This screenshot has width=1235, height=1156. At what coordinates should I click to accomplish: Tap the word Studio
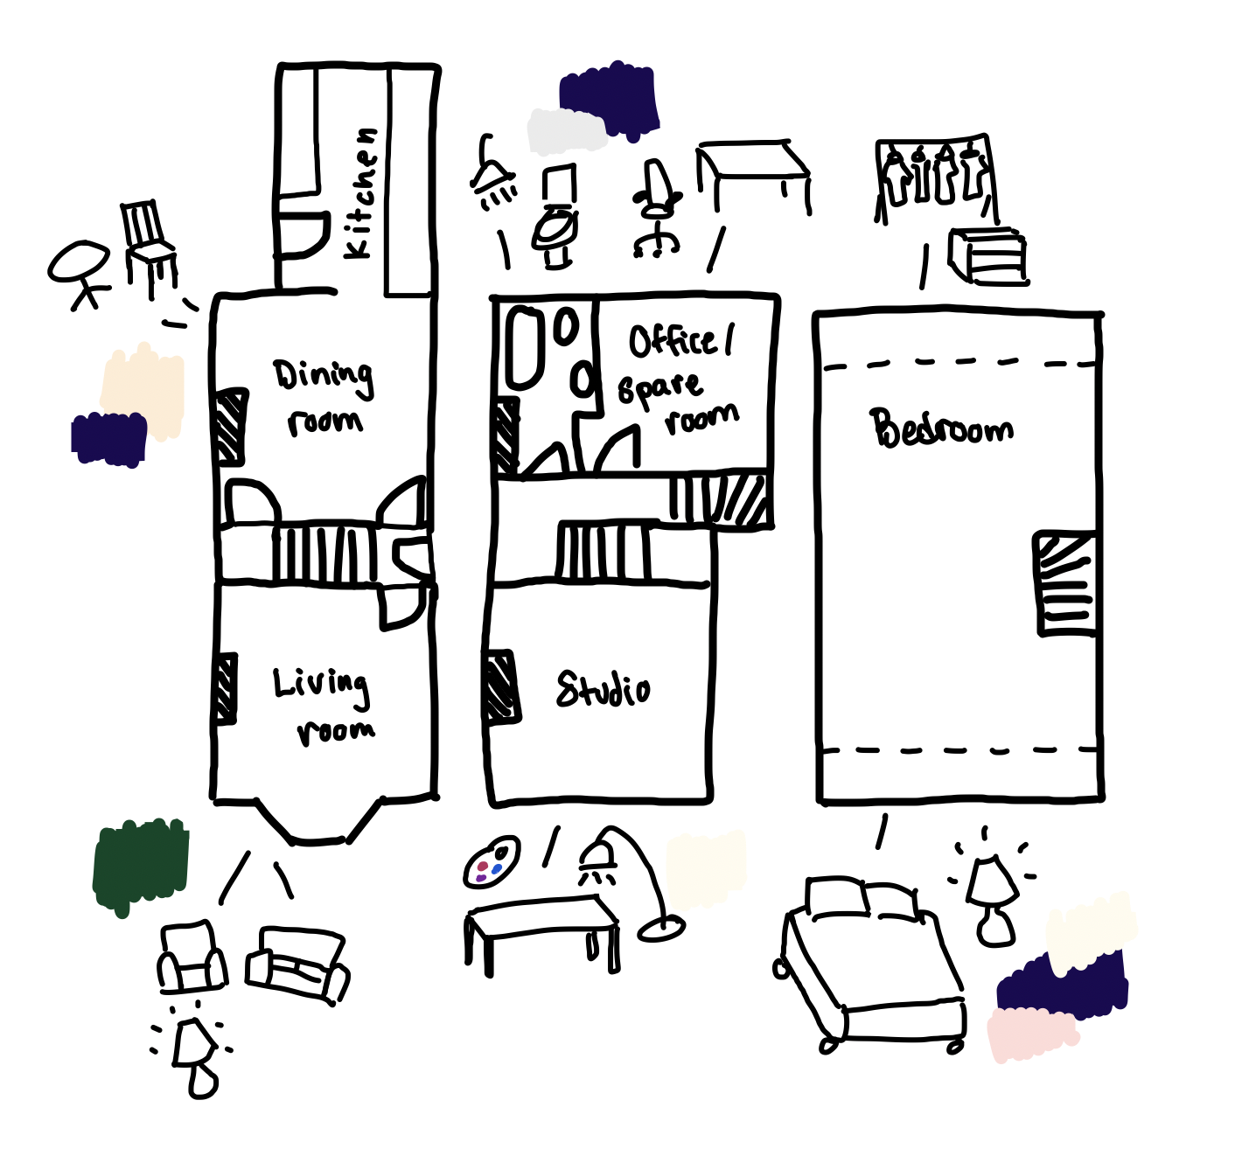coord(603,689)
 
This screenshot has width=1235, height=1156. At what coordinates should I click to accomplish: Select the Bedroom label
coord(941,428)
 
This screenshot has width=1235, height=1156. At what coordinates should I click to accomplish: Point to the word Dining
coord(323,375)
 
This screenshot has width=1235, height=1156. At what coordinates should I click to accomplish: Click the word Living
coord(320,684)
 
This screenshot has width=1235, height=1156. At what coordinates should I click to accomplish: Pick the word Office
coord(673,340)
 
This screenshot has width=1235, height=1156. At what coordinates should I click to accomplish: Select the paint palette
coord(492,862)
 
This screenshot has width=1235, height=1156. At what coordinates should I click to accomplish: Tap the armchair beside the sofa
coord(192,958)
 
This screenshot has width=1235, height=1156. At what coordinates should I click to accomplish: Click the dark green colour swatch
coord(140,865)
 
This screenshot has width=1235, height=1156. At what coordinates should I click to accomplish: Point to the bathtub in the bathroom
coord(524,347)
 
